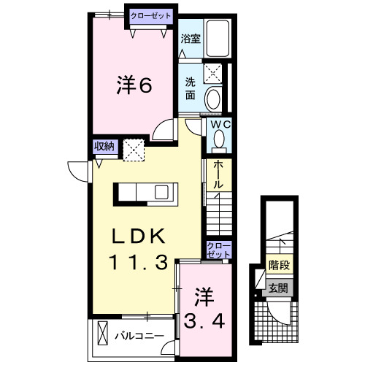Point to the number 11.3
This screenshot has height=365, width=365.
click(x=142, y=261)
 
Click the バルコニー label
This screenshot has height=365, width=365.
click(x=137, y=337)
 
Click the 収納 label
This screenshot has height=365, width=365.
click(x=104, y=146)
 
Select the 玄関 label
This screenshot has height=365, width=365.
click(x=277, y=288)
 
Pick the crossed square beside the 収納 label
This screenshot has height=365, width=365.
click(x=134, y=149)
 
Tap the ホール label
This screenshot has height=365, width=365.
click(x=218, y=175)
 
